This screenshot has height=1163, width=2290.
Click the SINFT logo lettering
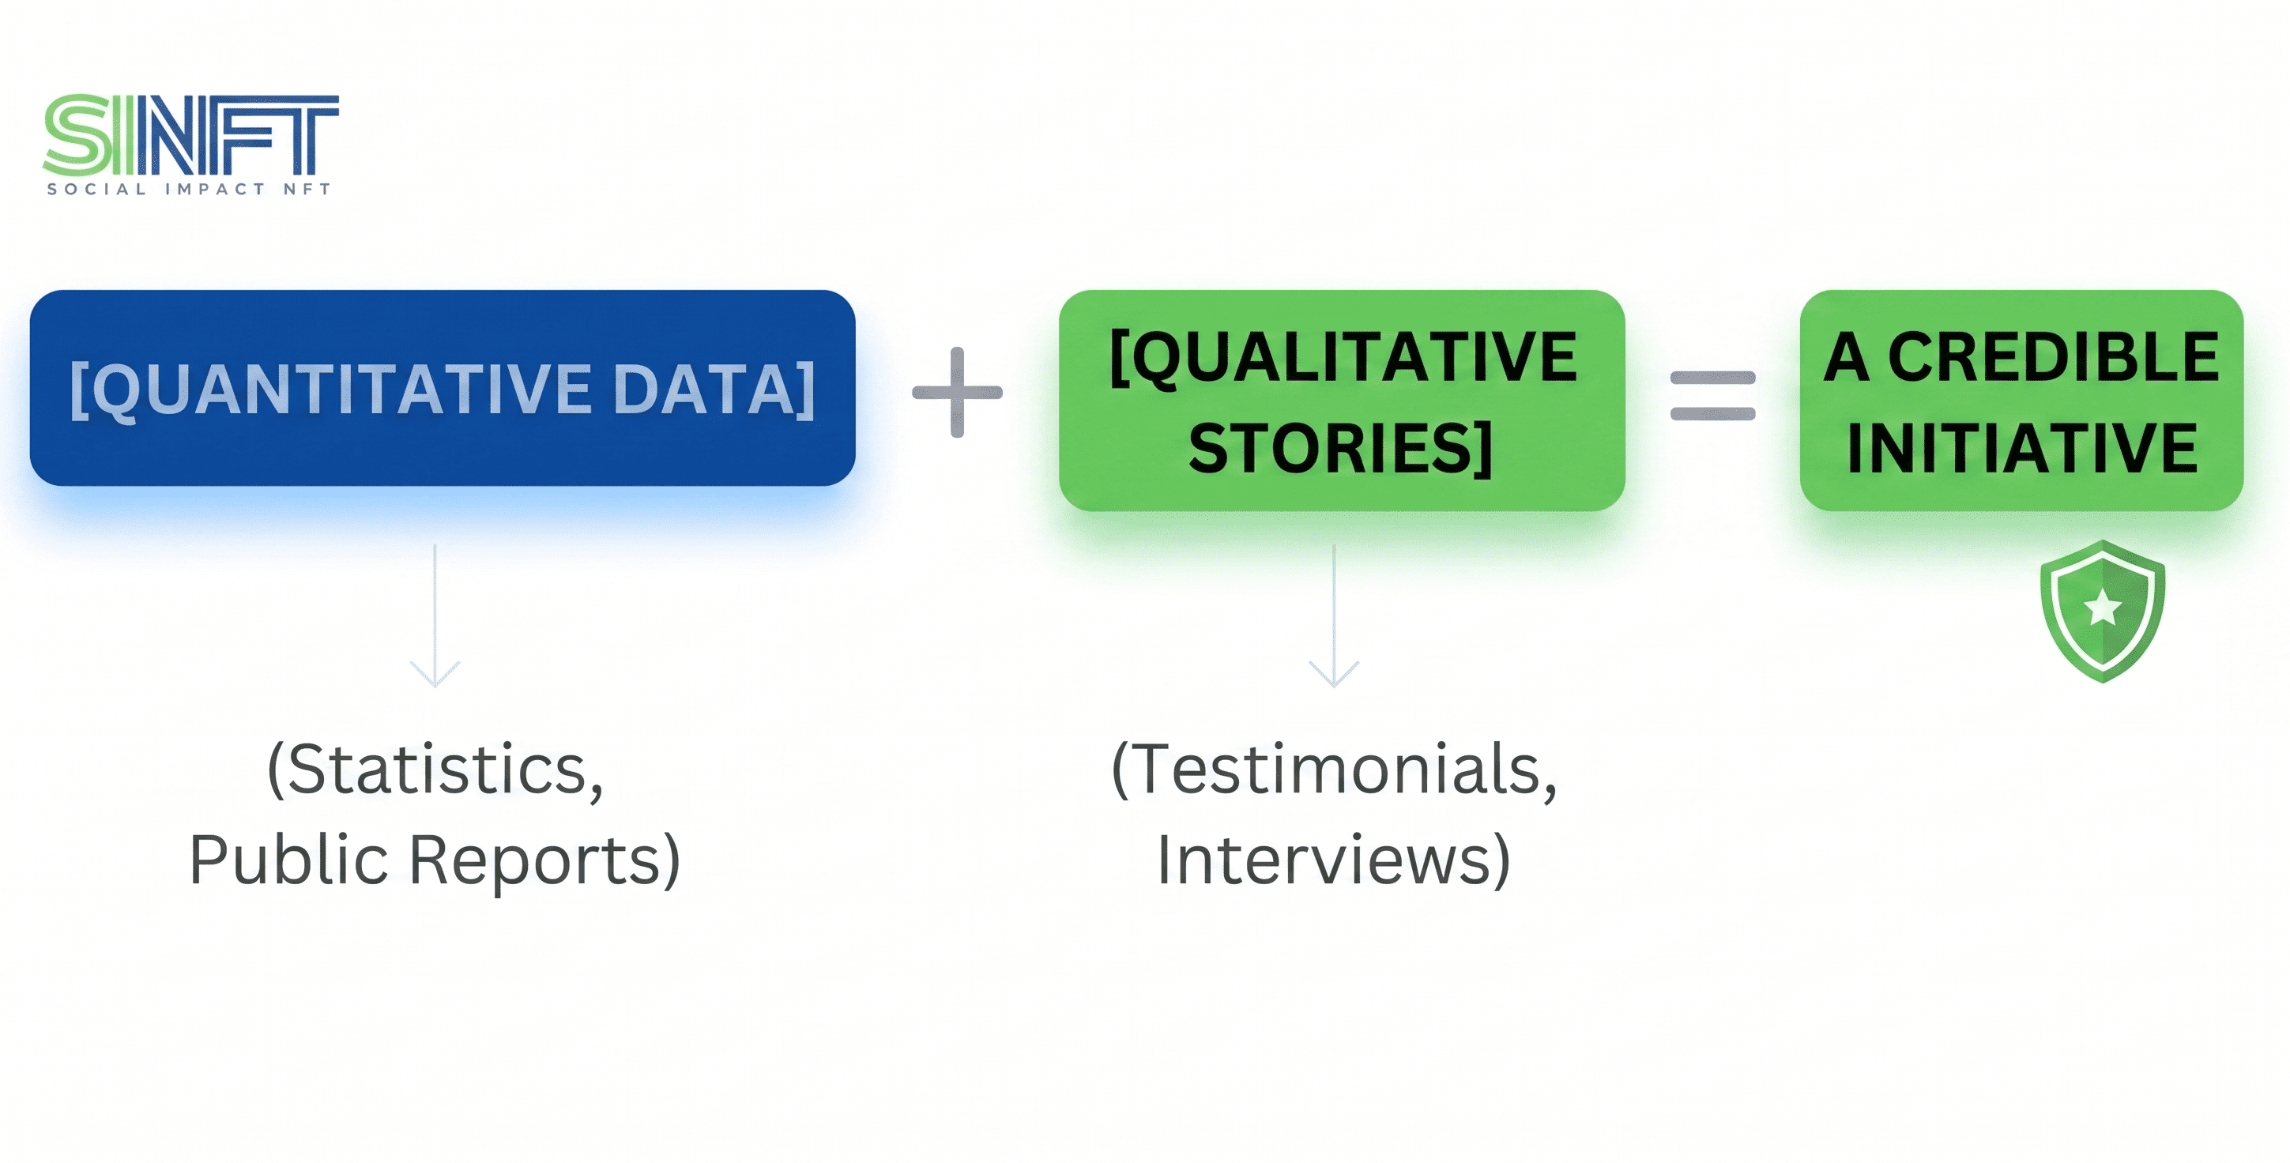(x=191, y=135)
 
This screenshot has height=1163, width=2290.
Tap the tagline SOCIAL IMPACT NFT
(x=190, y=189)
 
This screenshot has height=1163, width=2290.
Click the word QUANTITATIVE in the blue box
(x=342, y=390)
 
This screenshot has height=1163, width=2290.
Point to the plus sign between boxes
(x=958, y=392)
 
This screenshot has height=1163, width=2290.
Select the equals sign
(x=1713, y=396)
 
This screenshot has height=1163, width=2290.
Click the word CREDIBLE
(x=2054, y=356)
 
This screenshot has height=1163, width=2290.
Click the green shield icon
(x=2103, y=611)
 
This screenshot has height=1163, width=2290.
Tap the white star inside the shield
(x=2104, y=608)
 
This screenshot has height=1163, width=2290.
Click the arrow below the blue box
(x=435, y=616)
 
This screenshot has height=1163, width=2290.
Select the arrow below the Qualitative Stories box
(x=1335, y=616)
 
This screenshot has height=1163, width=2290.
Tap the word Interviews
(x=1324, y=859)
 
